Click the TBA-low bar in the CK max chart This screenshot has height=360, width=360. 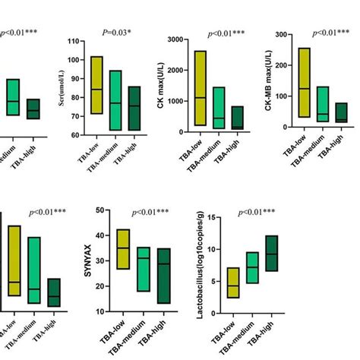pos(200,88)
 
